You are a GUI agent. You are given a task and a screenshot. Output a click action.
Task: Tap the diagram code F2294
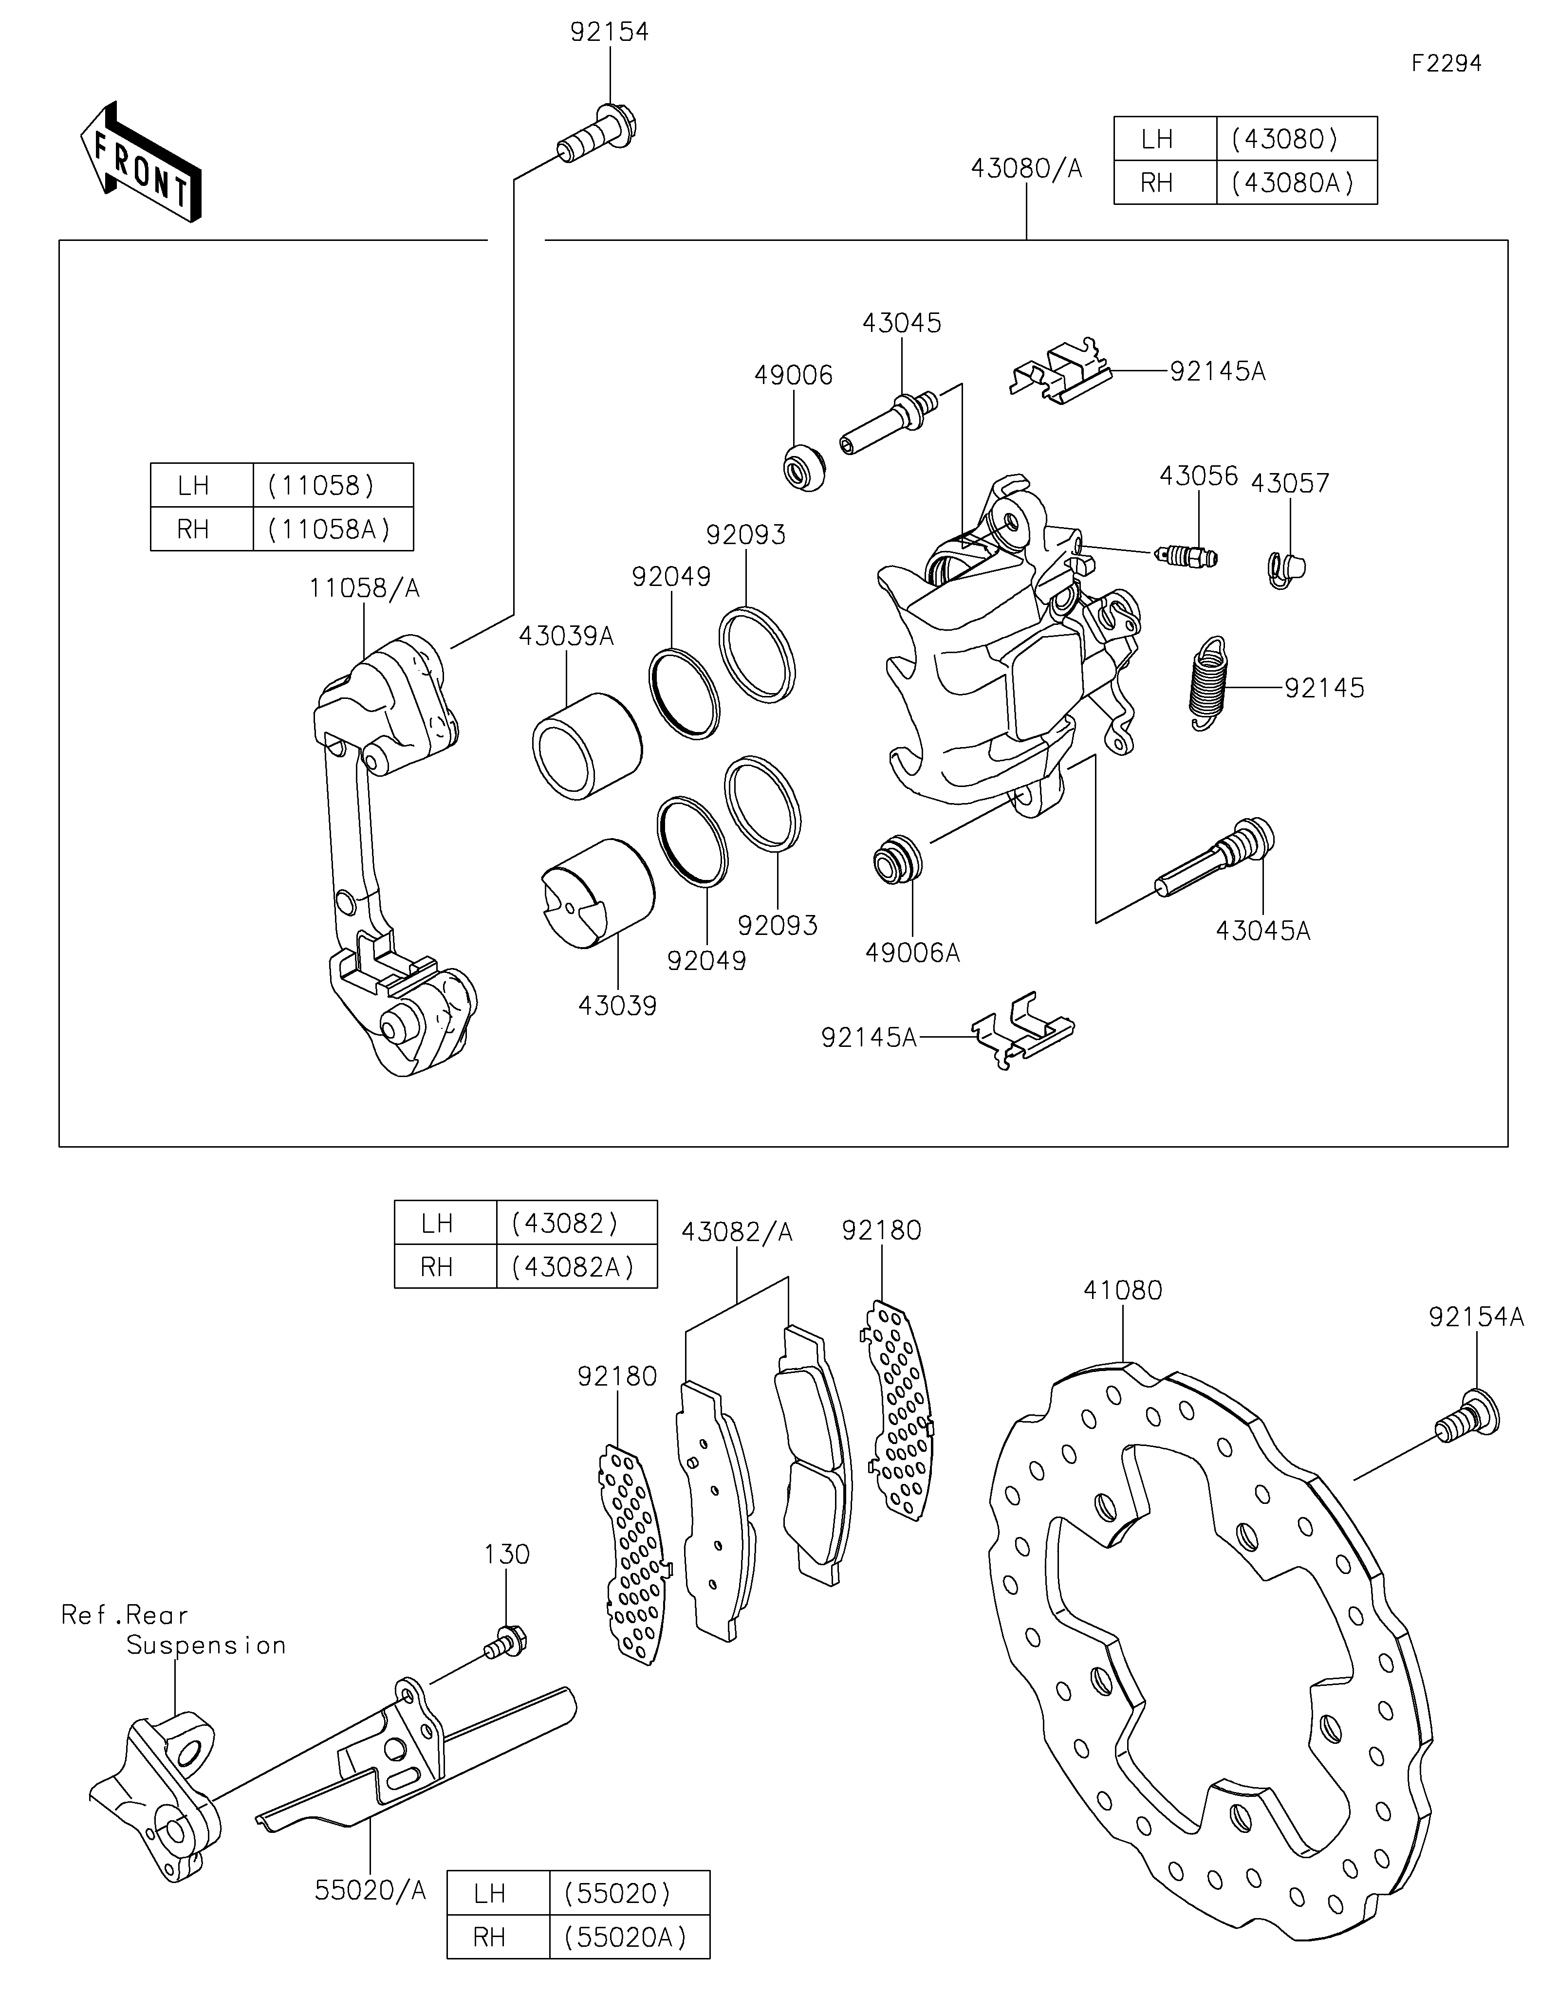[x=1447, y=64]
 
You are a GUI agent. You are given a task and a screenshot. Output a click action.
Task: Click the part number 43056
[x=1198, y=476]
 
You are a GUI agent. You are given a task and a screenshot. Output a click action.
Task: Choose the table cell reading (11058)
[x=333, y=486]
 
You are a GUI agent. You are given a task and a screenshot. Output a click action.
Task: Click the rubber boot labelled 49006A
[x=896, y=860]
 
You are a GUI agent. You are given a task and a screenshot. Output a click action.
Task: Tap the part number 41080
[x=1123, y=1291]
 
